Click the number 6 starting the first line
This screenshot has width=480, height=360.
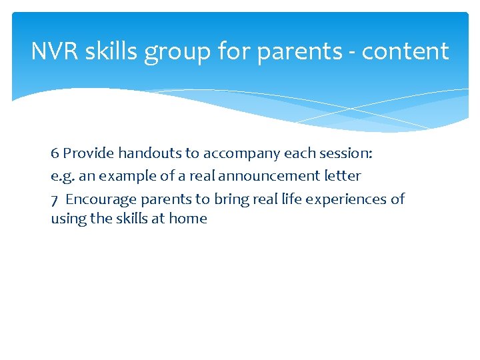(x=55, y=153)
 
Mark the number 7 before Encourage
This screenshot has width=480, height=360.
(x=55, y=199)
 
